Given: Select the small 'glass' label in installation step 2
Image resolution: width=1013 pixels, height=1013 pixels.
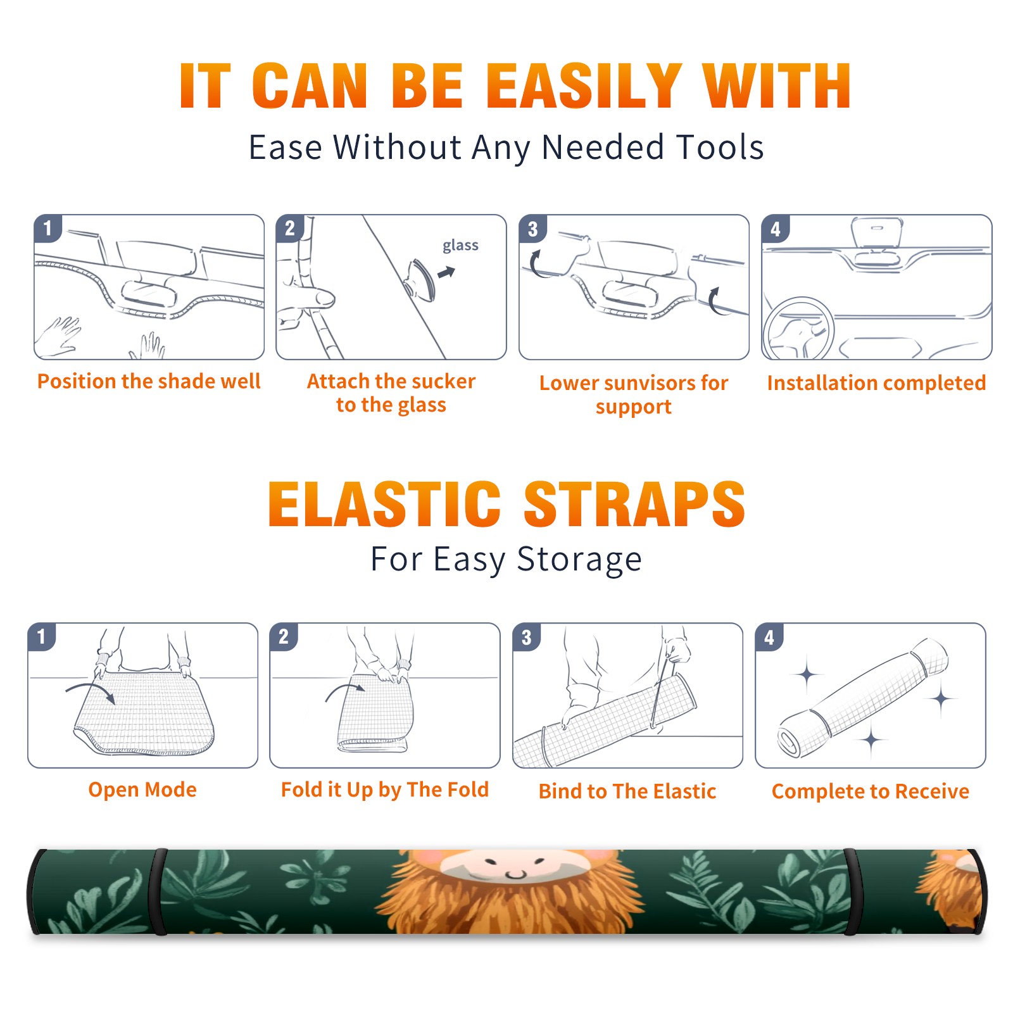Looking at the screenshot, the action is (460, 246).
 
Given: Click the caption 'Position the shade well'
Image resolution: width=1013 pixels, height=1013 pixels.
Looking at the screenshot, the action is (149, 381).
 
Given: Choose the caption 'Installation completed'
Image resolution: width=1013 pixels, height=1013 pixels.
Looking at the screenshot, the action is (876, 382).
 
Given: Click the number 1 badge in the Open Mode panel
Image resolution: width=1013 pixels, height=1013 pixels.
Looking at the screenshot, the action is (42, 636).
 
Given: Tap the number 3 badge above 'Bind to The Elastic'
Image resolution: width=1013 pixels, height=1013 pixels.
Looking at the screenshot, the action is (527, 637).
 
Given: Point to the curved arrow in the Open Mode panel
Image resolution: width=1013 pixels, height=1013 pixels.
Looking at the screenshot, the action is (91, 691).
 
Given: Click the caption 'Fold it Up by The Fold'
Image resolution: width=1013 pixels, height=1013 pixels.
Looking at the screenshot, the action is (385, 790).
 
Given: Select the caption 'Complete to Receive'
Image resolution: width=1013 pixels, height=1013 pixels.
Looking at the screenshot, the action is (871, 791).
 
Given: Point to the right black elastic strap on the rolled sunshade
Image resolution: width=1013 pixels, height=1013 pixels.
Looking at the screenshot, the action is (851, 891).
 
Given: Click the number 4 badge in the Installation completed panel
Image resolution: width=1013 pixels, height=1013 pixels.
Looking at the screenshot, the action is (776, 229).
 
